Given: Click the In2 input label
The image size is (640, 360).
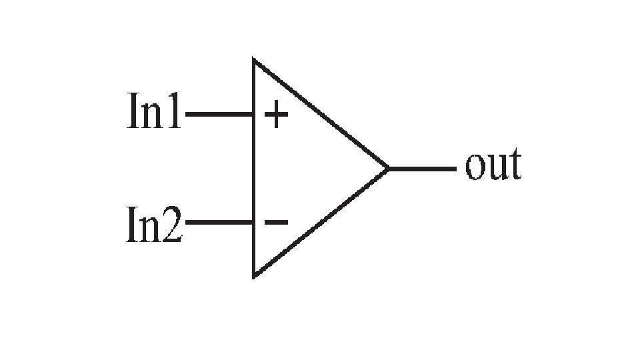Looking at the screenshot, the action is click(154, 225).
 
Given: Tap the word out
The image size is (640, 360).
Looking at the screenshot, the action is click(493, 166).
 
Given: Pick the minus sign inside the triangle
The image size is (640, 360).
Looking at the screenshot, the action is click(276, 221).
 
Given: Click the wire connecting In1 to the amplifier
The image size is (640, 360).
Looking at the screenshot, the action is click(219, 115).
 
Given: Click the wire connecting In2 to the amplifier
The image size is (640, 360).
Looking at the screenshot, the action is click(219, 221).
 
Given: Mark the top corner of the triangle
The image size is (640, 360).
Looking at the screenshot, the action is click(254, 61).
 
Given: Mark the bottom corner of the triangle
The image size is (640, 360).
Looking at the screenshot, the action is click(254, 275).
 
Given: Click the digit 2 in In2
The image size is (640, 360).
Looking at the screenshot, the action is click(171, 225).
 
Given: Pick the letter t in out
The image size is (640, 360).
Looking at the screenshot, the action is click(514, 166).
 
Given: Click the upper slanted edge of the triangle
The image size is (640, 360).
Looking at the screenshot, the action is click(320, 114).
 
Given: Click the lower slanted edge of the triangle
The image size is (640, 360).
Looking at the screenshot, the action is click(320, 223).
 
